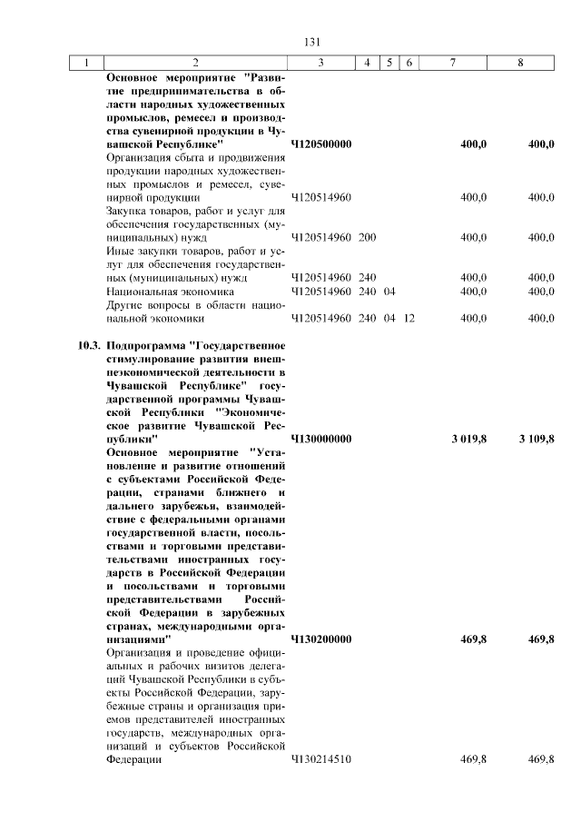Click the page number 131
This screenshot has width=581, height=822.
click(x=314, y=42)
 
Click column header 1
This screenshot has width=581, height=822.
click(x=87, y=63)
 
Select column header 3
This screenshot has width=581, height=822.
click(x=321, y=63)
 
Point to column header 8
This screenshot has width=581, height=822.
click(x=520, y=63)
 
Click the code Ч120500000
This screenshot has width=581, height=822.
click(x=321, y=144)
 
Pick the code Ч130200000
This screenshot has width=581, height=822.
click(x=321, y=639)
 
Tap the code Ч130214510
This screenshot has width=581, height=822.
click(x=320, y=759)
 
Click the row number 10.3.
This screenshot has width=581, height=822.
click(x=87, y=345)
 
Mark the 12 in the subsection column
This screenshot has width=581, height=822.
click(x=409, y=319)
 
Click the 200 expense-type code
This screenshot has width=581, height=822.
click(x=367, y=237)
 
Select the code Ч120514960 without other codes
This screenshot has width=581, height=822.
click(x=320, y=196)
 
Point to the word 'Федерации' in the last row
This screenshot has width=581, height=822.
click(x=133, y=759)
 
